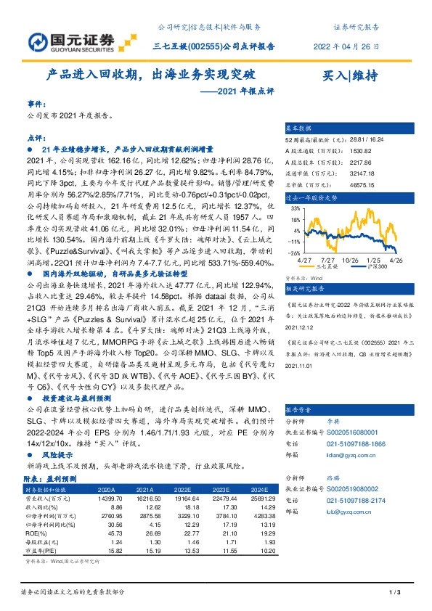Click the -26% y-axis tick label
pos(295,253)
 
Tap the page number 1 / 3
pos(396,593)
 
